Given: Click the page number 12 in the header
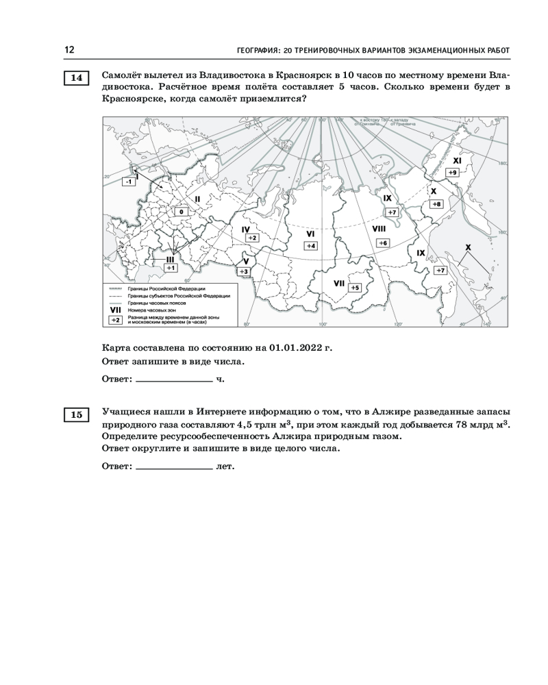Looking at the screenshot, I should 69,50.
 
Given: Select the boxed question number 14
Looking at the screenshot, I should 76,78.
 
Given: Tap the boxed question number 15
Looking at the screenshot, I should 76,414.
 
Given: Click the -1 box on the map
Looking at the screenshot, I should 128,182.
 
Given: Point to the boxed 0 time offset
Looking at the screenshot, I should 181,212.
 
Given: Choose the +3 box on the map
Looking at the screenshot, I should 244,272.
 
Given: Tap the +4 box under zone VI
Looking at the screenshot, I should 310,245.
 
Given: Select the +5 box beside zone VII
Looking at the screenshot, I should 353,288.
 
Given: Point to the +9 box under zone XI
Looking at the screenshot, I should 453,171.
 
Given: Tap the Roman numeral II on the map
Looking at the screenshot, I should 197,199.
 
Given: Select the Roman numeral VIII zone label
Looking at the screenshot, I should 378,228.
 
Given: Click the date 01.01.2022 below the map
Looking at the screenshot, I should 298,348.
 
